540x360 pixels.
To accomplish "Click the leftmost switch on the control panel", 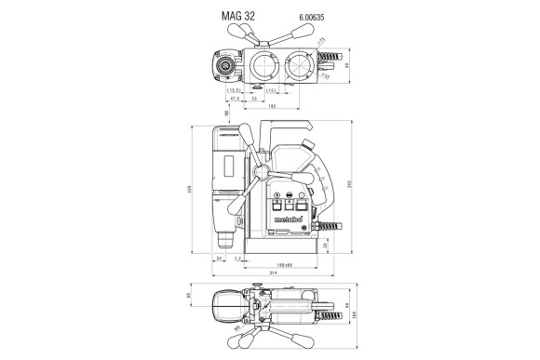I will pos(277,207).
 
